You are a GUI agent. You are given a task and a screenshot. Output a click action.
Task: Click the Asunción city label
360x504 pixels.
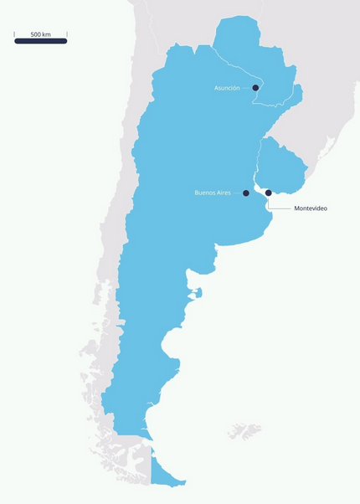[x=227, y=87]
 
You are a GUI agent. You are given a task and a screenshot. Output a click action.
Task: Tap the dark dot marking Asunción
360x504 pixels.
[x=255, y=87]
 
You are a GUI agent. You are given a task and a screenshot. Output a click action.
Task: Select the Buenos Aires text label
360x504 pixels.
[x=212, y=193]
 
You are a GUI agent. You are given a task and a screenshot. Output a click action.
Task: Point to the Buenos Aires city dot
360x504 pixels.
[x=246, y=193]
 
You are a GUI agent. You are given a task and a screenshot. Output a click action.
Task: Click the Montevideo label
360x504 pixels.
[x=311, y=208]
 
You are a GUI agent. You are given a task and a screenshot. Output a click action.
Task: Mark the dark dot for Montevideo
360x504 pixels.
[x=269, y=193]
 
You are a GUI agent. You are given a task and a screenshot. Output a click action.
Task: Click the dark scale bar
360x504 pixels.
[x=40, y=41]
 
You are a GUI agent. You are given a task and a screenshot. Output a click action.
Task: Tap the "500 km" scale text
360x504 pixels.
[x=40, y=34]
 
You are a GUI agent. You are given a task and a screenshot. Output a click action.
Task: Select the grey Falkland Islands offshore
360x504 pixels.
[x=245, y=431]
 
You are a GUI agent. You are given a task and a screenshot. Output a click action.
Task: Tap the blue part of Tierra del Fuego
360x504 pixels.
[x=165, y=474]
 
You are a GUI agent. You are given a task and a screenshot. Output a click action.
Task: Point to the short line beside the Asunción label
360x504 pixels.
[x=247, y=87]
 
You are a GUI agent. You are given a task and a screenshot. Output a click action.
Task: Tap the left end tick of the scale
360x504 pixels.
[x=15, y=35]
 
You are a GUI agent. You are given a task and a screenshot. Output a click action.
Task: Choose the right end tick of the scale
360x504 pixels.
[x=66, y=35]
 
